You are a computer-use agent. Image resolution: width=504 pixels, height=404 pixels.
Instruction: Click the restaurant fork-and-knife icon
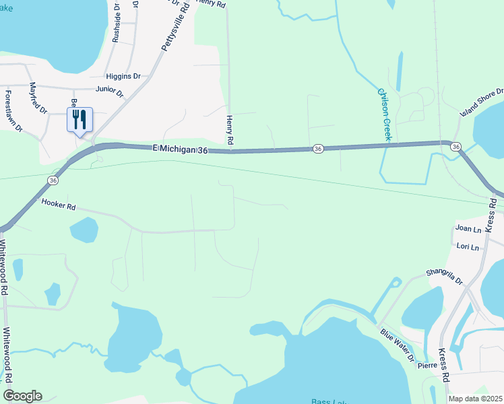80,120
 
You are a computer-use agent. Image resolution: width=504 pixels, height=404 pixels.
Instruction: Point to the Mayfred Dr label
38,98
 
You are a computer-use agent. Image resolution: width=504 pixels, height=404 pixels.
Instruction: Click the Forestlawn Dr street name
13,110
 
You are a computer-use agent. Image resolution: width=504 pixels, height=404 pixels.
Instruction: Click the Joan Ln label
468,229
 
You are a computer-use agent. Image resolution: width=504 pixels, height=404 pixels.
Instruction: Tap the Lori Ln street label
468,247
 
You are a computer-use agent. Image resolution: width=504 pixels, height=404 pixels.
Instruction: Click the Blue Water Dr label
398,345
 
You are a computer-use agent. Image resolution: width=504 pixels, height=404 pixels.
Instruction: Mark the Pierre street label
427,366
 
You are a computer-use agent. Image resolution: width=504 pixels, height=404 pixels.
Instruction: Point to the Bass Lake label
329,401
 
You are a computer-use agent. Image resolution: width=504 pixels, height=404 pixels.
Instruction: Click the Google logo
22,396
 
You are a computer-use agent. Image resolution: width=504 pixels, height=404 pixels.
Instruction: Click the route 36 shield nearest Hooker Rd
53,180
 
